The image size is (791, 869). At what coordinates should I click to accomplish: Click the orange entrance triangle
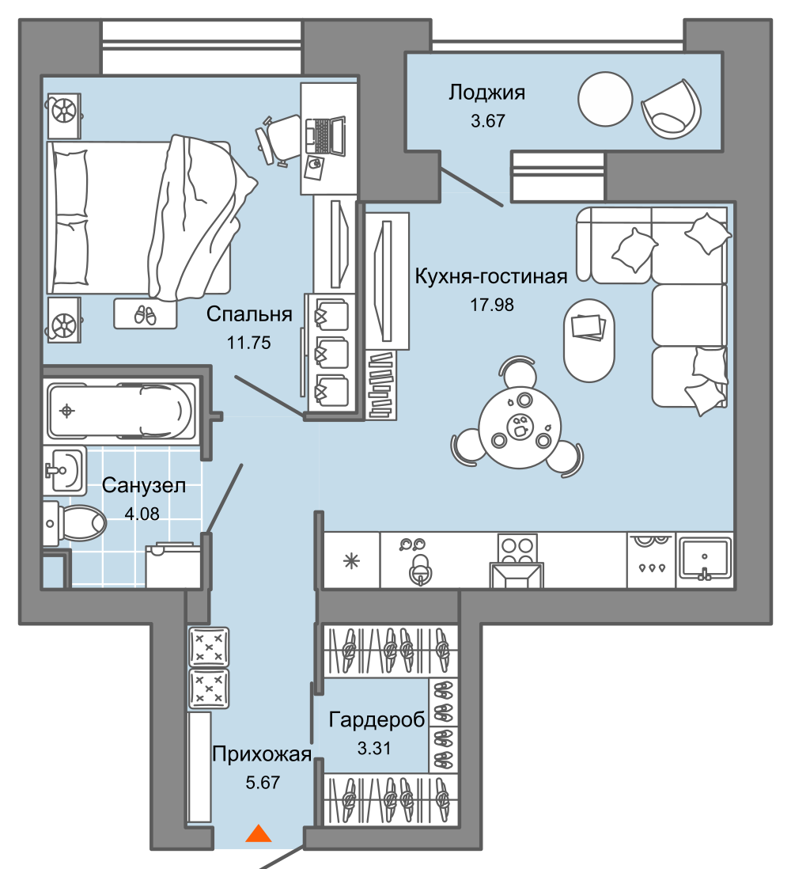(259, 833)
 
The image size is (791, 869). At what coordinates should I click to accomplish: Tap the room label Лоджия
(487, 93)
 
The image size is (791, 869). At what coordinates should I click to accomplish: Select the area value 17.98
(492, 304)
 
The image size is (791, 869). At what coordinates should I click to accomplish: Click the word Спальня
(249, 314)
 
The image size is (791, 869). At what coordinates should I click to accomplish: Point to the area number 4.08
(142, 514)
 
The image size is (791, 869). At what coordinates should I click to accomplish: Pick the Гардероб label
(377, 719)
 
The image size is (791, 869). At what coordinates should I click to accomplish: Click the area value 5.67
(263, 783)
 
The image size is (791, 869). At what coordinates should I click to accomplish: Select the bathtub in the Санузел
(121, 410)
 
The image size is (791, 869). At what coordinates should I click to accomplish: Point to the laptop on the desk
(324, 136)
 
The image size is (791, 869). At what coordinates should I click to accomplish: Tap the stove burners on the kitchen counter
(517, 548)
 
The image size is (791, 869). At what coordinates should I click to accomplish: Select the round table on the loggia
(605, 99)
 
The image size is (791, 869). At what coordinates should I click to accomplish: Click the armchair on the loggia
(671, 108)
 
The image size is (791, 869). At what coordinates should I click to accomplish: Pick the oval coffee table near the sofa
(589, 340)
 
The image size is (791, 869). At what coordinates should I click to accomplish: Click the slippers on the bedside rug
(145, 315)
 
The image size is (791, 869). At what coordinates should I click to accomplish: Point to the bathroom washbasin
(66, 471)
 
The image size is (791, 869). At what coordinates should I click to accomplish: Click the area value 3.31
(374, 748)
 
